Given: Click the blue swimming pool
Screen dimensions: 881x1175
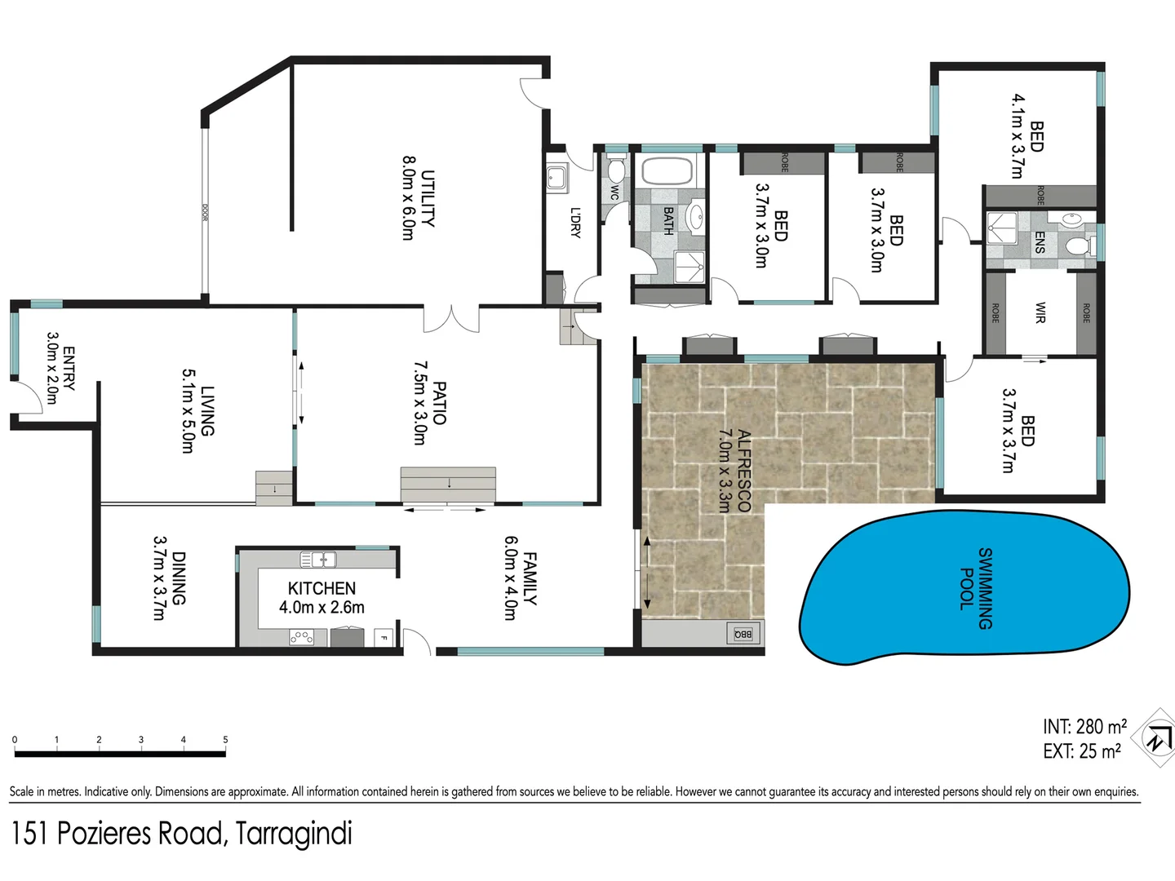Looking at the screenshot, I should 963,586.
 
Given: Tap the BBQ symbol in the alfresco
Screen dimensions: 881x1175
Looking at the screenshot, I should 743,633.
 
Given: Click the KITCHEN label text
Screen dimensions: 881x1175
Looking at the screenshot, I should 321,588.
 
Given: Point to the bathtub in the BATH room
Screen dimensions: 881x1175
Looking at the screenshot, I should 667,171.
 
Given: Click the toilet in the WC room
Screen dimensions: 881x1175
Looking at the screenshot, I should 615,170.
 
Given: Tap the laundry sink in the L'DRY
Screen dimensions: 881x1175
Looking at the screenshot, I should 557,178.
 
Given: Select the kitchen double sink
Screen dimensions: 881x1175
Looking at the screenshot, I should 318,560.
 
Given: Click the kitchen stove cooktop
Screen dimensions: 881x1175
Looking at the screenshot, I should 302,637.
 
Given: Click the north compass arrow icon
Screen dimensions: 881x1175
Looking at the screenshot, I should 1157,738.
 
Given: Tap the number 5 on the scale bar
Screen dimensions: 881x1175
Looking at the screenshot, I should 225,740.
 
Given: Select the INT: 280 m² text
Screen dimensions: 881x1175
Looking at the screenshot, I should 1084,726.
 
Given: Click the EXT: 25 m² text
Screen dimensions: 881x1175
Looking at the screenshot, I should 1081,751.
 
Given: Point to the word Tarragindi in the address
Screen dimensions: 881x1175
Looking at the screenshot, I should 294,834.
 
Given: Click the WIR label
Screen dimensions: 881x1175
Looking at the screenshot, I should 1040,312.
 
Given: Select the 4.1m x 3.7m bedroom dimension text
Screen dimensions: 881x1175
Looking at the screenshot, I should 1017,135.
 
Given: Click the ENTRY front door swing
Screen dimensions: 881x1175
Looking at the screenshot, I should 31,400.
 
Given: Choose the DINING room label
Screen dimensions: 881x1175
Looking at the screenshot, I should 179,578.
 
